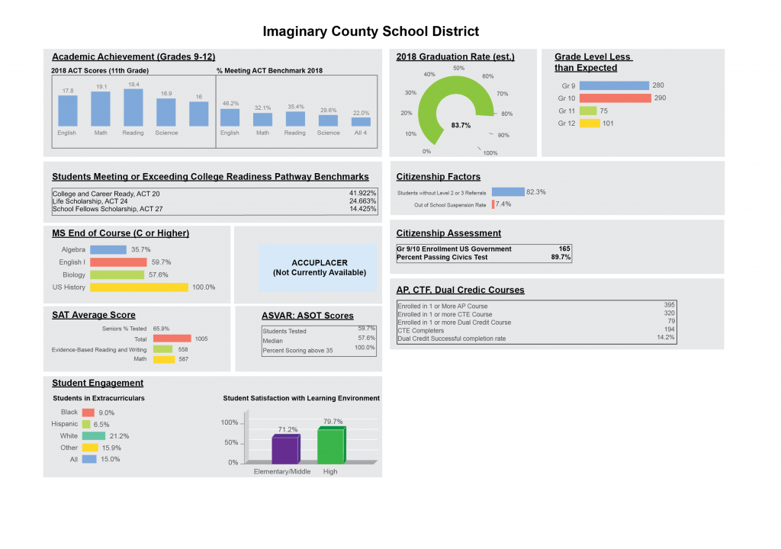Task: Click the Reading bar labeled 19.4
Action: coord(133,108)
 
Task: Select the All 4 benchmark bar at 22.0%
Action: coord(361,121)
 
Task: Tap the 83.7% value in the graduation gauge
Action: coord(461,125)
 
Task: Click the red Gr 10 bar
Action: coord(615,98)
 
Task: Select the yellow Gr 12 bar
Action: coord(590,123)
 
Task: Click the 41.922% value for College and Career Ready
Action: coord(362,194)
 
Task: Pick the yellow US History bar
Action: coord(139,287)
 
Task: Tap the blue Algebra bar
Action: coord(108,249)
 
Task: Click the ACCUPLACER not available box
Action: coord(318,268)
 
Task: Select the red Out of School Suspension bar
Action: coord(493,204)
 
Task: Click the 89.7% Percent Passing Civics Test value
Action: coord(561,257)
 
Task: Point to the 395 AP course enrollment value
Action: coord(669,305)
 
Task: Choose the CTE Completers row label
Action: coord(420,330)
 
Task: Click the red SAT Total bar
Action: coord(172,339)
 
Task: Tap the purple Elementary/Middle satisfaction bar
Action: coord(286,449)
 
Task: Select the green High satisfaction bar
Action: coord(331,445)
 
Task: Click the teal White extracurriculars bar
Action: coord(94,436)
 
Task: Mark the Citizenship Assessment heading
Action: coord(448,233)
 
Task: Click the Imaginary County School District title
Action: coord(371,31)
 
